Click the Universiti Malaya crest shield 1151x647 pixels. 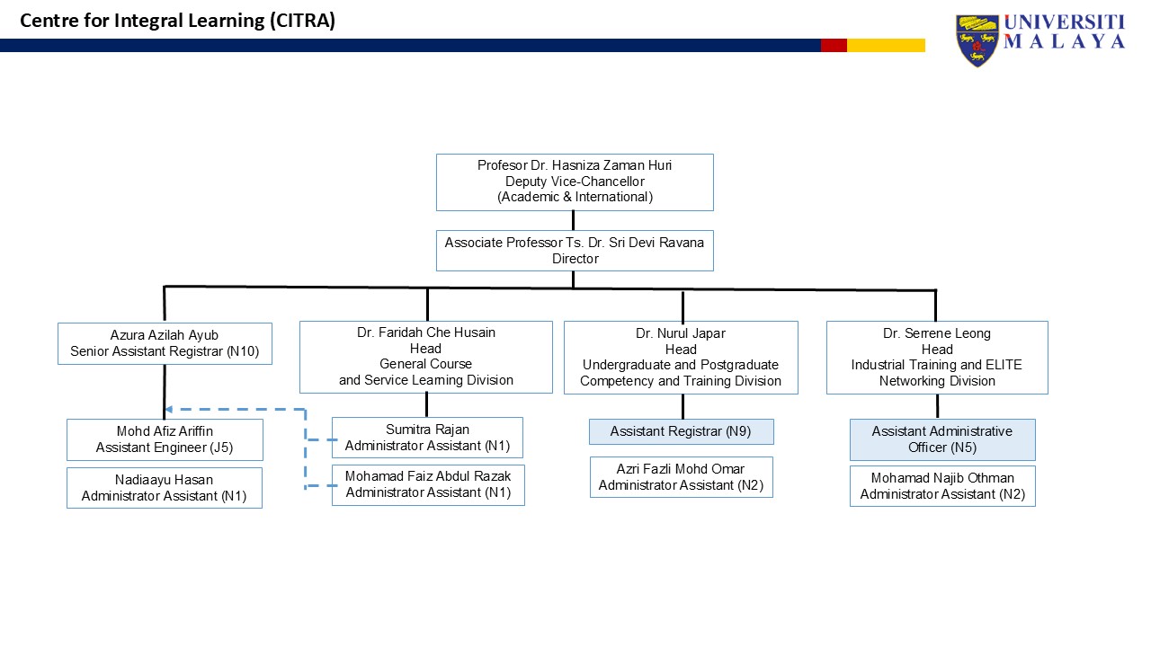[977, 41]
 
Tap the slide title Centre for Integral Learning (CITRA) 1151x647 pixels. [177, 21]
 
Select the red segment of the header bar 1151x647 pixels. [834, 45]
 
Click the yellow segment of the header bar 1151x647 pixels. [886, 45]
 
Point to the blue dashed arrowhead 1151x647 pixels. [168, 409]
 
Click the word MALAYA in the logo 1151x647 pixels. [1064, 41]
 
